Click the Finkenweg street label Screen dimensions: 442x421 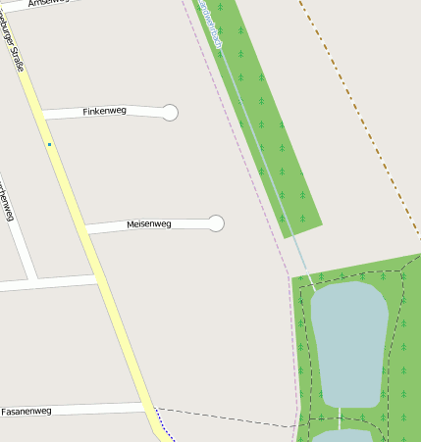105,112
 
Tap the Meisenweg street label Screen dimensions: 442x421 149,224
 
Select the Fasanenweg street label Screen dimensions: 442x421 26,411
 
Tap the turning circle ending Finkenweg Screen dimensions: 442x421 170,113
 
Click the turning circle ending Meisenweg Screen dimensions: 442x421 217,223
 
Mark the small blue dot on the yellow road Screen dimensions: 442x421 49,145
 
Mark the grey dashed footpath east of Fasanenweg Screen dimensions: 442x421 226,417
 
